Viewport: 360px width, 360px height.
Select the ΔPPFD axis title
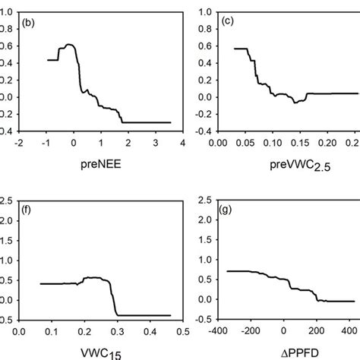click(291, 352)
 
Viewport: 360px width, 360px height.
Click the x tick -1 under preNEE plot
click(45, 141)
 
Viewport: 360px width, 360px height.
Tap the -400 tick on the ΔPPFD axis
click(219, 331)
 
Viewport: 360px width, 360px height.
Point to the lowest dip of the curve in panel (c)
click(295, 102)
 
